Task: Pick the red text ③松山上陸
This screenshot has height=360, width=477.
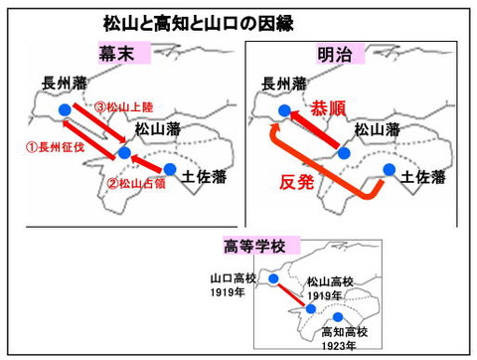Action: tap(123, 105)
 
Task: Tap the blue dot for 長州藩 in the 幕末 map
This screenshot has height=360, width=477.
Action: tap(65, 109)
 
